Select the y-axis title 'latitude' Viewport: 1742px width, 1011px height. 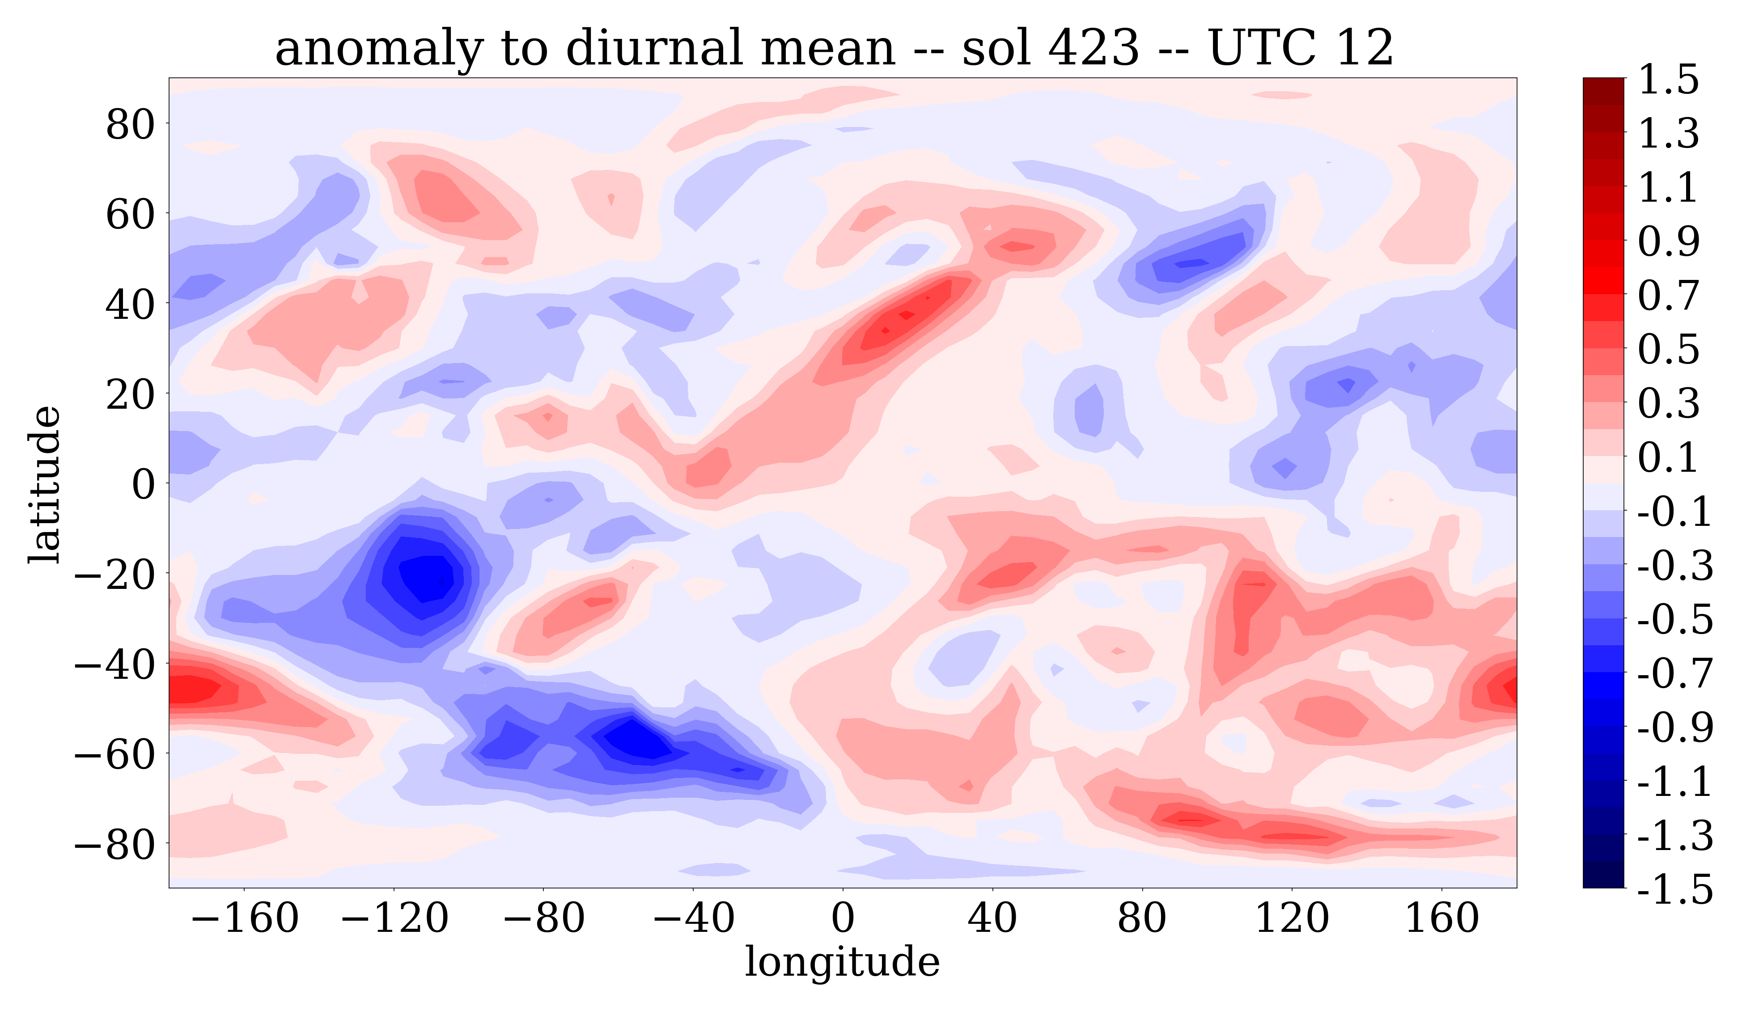pyautogui.click(x=45, y=484)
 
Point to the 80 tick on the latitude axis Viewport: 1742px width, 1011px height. pyautogui.click(x=130, y=125)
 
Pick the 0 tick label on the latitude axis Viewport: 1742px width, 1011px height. pyautogui.click(x=144, y=484)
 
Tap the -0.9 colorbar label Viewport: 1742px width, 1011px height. pyautogui.click(x=1675, y=728)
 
